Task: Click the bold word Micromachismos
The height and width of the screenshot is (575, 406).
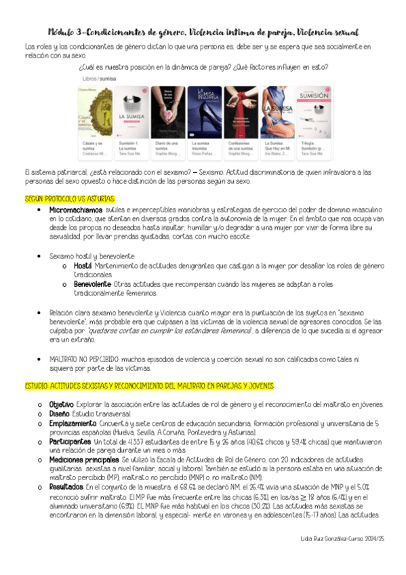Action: pyautogui.click(x=74, y=210)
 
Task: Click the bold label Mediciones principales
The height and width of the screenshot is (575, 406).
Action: pyautogui.click(x=85, y=459)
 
